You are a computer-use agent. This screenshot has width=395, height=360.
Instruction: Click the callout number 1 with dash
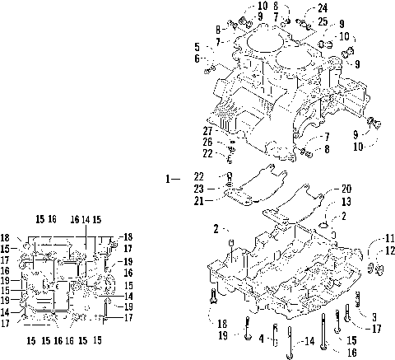click(171, 178)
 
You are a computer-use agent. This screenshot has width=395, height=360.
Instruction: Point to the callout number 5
click(197, 46)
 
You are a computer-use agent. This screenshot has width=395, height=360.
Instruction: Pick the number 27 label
click(209, 130)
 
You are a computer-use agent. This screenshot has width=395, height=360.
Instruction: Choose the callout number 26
click(209, 142)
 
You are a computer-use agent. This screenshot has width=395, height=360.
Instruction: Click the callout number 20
click(323, 188)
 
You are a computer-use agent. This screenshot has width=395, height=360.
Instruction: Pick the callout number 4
click(262, 338)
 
